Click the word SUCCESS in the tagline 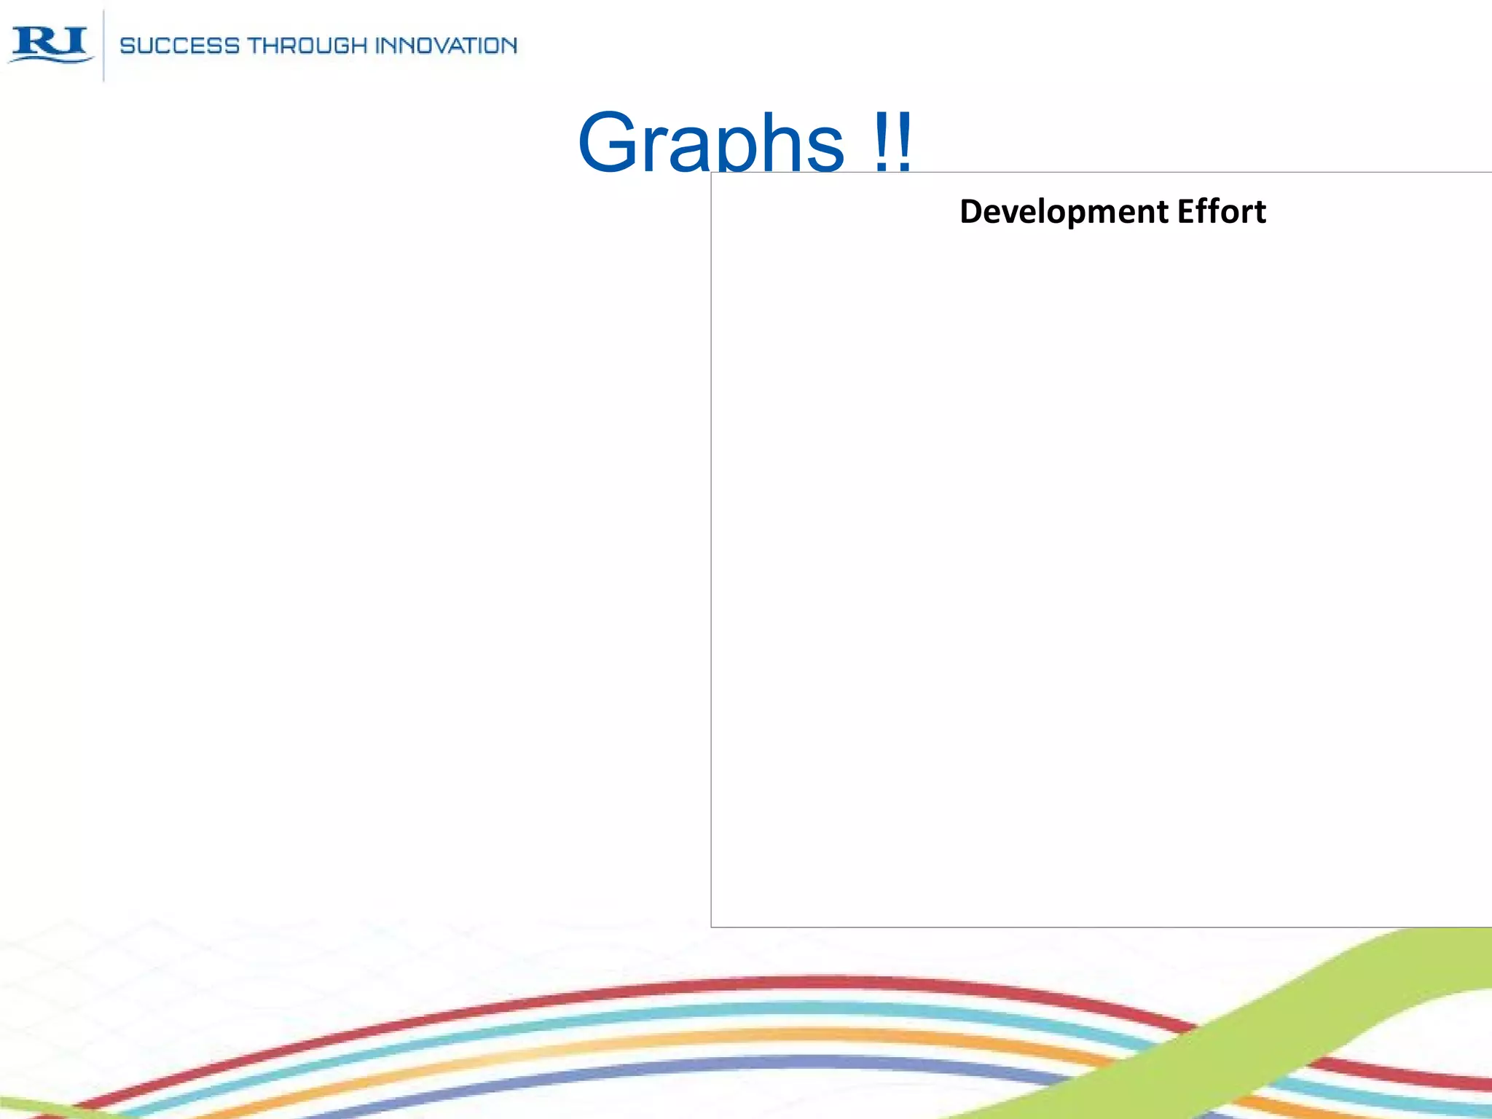(x=179, y=46)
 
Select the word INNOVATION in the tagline (x=446, y=46)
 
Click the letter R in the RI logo (x=35, y=42)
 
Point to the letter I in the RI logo (x=74, y=41)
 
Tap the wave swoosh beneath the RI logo (x=51, y=58)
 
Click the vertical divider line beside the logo (x=103, y=45)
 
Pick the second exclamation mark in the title (x=904, y=142)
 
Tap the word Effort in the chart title (x=1222, y=212)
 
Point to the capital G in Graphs (x=610, y=142)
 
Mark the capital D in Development (x=971, y=212)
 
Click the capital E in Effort (x=1186, y=212)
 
